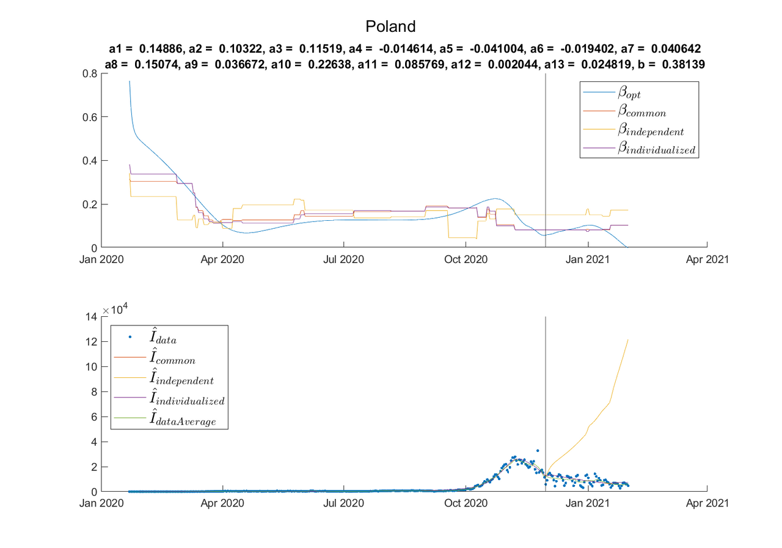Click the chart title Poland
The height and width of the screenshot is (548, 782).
click(390, 26)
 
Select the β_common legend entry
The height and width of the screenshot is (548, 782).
click(641, 112)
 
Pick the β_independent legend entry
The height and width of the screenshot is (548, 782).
click(650, 130)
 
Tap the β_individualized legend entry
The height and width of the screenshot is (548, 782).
click(656, 149)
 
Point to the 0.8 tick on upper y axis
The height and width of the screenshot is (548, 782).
click(89, 73)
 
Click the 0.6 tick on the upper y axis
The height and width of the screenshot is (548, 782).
click(89, 117)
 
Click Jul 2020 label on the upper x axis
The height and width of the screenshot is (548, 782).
click(343, 259)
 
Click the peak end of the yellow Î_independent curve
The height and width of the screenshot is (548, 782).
click(628, 340)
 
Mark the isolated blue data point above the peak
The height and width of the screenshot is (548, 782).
click(538, 451)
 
